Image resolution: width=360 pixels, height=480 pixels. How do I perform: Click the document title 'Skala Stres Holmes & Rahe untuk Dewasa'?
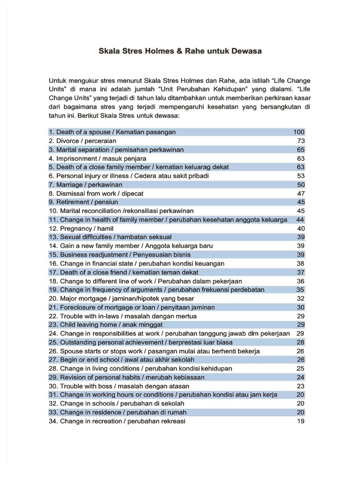coord(180,51)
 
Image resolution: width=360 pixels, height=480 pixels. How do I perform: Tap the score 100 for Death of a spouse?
coord(299,132)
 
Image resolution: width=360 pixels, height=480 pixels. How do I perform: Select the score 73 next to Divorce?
coord(300,141)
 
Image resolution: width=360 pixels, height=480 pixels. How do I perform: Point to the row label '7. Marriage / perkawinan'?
coord(85,185)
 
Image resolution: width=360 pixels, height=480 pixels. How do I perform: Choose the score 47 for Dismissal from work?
coord(300,194)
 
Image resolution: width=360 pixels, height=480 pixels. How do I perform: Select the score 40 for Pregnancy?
coord(300,228)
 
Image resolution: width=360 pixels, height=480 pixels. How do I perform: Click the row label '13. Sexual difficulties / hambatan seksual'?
coord(110,237)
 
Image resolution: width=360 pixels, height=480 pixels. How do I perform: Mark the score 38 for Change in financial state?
coord(300,263)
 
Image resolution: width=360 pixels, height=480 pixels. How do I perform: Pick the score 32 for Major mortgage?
coord(300,299)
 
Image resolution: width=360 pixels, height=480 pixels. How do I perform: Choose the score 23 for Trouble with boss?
coord(300,386)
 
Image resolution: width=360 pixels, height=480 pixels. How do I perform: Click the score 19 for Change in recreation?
coord(300,421)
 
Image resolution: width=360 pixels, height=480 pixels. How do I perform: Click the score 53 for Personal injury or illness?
coord(300,176)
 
